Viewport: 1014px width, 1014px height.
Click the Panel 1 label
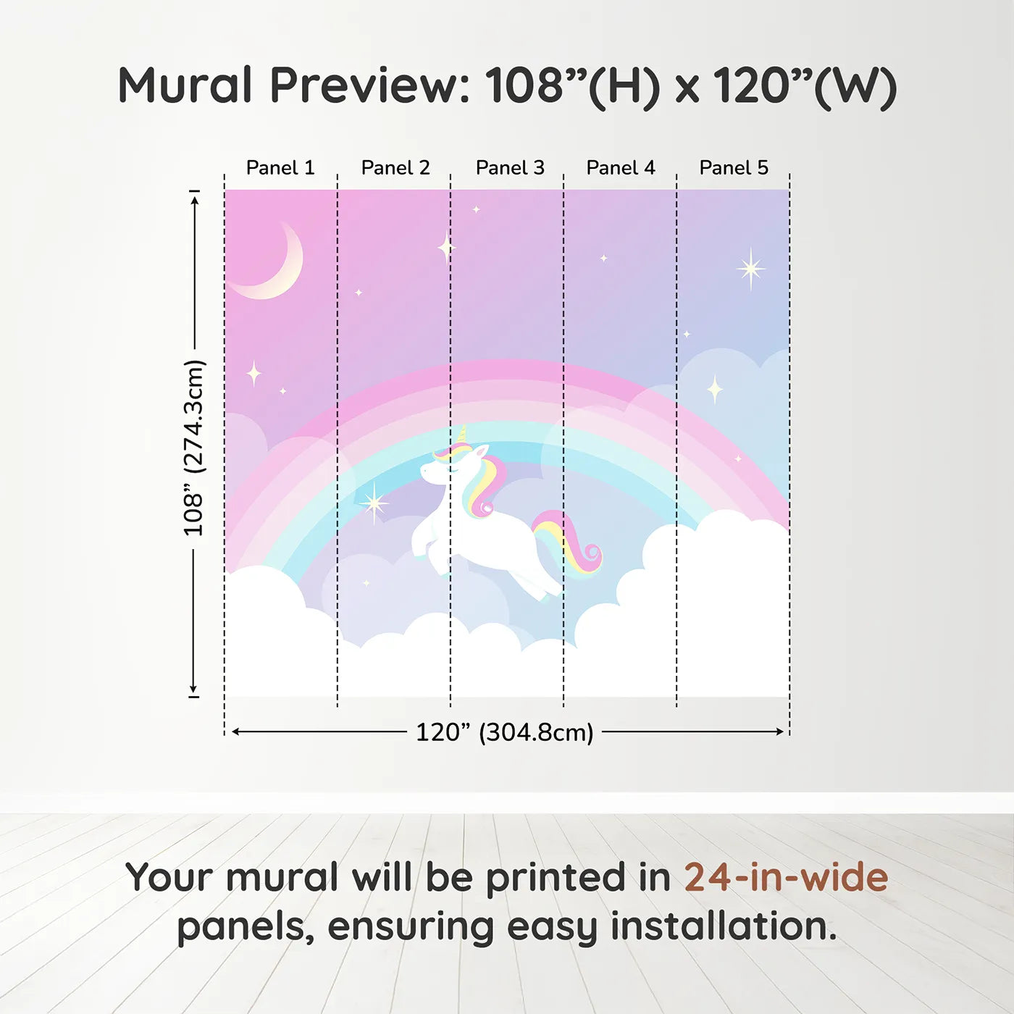[x=280, y=168]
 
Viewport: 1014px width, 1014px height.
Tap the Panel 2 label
[x=395, y=168]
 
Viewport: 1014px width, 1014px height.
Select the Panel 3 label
[x=510, y=168]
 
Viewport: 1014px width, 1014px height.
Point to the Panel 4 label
[x=621, y=168]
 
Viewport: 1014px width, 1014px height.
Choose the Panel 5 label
[x=734, y=168]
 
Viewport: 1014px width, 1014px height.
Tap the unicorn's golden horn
[x=463, y=435]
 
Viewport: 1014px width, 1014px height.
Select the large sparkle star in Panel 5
[x=751, y=269]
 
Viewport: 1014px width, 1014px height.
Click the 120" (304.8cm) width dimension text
[x=505, y=732]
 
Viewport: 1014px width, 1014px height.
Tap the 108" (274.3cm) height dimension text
[x=193, y=448]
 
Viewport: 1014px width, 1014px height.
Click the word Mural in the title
[x=185, y=85]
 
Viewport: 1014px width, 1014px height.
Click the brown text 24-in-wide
[x=786, y=877]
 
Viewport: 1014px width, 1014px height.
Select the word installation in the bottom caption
[x=724, y=926]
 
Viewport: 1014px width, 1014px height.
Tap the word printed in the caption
[x=578, y=879]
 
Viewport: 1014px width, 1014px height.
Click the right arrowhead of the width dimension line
[x=780, y=732]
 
